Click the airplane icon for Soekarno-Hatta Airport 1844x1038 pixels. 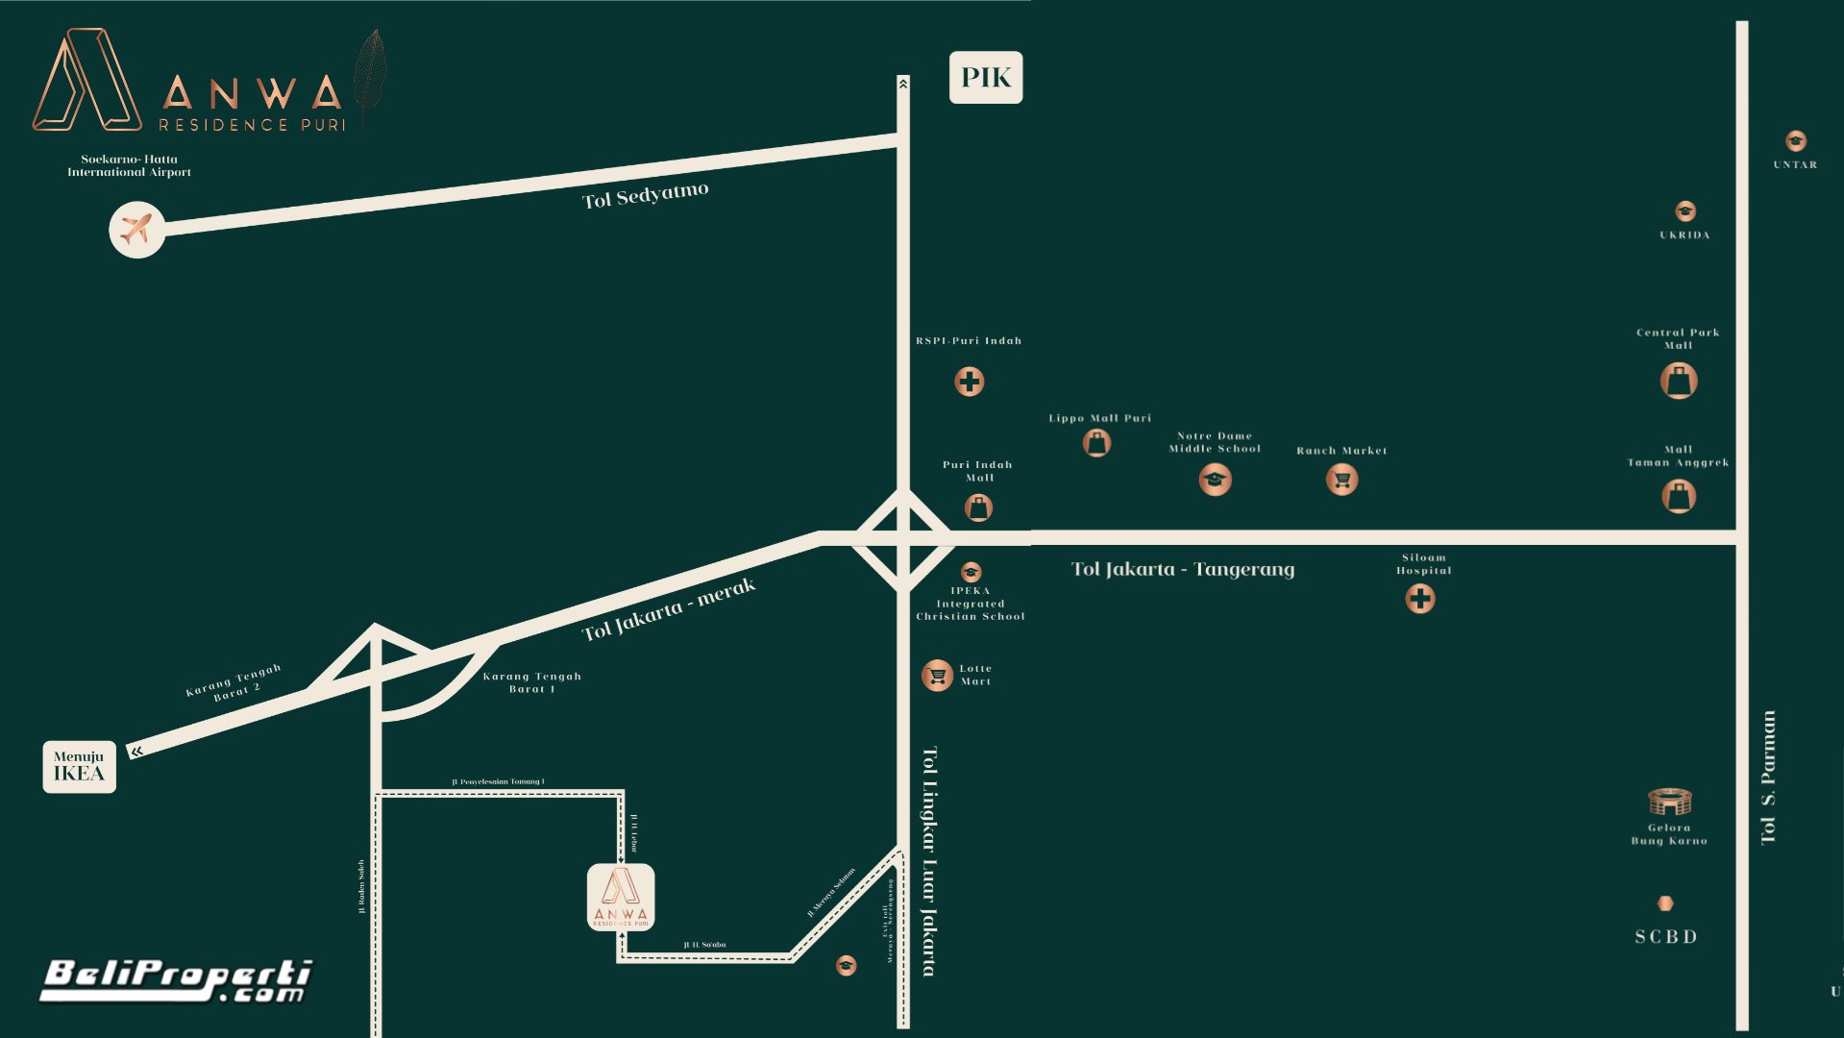(x=136, y=230)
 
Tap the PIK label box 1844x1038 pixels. (x=986, y=78)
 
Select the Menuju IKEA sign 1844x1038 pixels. (x=79, y=767)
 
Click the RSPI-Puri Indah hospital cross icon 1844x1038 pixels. (x=969, y=382)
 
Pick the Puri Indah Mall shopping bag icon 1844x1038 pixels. (x=978, y=507)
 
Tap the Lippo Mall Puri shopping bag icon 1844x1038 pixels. (x=1096, y=443)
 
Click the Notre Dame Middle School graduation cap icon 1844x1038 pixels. (x=1215, y=479)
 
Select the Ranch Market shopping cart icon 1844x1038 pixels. (x=1341, y=479)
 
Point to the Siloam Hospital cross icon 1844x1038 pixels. (x=1419, y=599)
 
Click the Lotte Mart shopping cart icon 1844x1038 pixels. (x=937, y=676)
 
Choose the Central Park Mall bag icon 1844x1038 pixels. (x=1678, y=381)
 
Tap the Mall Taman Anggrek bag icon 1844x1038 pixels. (x=1678, y=496)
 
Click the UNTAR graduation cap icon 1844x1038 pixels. (x=1795, y=141)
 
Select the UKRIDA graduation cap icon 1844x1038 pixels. (x=1684, y=211)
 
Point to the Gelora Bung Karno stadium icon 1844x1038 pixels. (x=1669, y=801)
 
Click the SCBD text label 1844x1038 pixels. (x=1666, y=937)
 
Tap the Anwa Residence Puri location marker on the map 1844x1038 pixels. (x=621, y=898)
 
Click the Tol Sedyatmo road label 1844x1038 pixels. (x=646, y=195)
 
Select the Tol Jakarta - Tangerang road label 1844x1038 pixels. (x=1183, y=570)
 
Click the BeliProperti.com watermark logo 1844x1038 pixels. (x=176, y=980)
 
